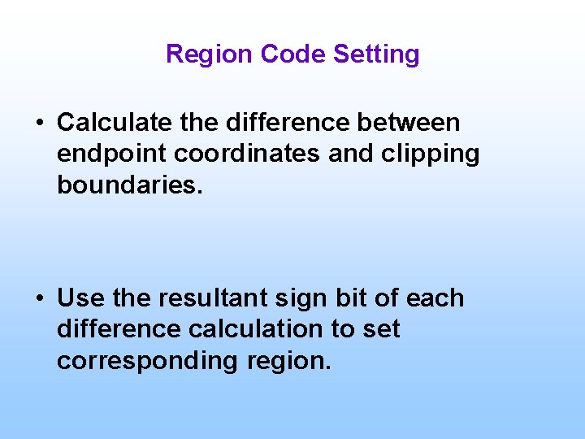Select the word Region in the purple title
tap(210, 54)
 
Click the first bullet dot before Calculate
tap(39, 124)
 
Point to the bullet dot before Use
tap(39, 299)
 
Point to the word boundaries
tap(127, 185)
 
